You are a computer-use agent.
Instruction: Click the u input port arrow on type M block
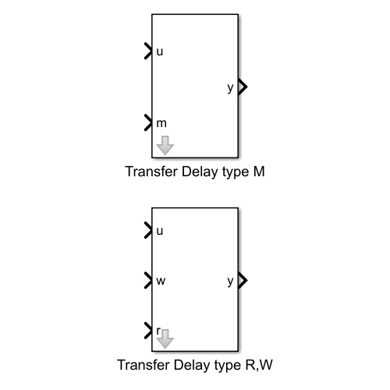coord(148,51)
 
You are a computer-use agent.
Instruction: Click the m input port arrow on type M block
coord(148,122)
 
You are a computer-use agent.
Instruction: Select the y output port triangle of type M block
coord(243,87)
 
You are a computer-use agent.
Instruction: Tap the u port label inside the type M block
coord(160,51)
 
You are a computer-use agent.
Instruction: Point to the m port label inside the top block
coord(161,123)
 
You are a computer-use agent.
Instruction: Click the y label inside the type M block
coord(230,88)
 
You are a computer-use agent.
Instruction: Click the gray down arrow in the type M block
coord(165,145)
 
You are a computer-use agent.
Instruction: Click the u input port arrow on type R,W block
coord(148,230)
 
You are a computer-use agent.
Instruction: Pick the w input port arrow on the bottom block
coord(148,280)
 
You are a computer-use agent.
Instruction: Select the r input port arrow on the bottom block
coord(148,331)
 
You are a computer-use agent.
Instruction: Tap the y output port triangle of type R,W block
coord(243,280)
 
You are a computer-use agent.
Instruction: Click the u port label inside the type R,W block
coord(160,231)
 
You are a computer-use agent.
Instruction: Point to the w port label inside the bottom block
coord(161,281)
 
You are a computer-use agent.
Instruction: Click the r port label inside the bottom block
coord(158,331)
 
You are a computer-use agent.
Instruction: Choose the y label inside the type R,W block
coord(230,282)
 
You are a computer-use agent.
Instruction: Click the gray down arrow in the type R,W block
coord(165,339)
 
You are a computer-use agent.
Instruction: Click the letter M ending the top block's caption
coord(259,172)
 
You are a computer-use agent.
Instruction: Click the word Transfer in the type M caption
coord(151,172)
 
